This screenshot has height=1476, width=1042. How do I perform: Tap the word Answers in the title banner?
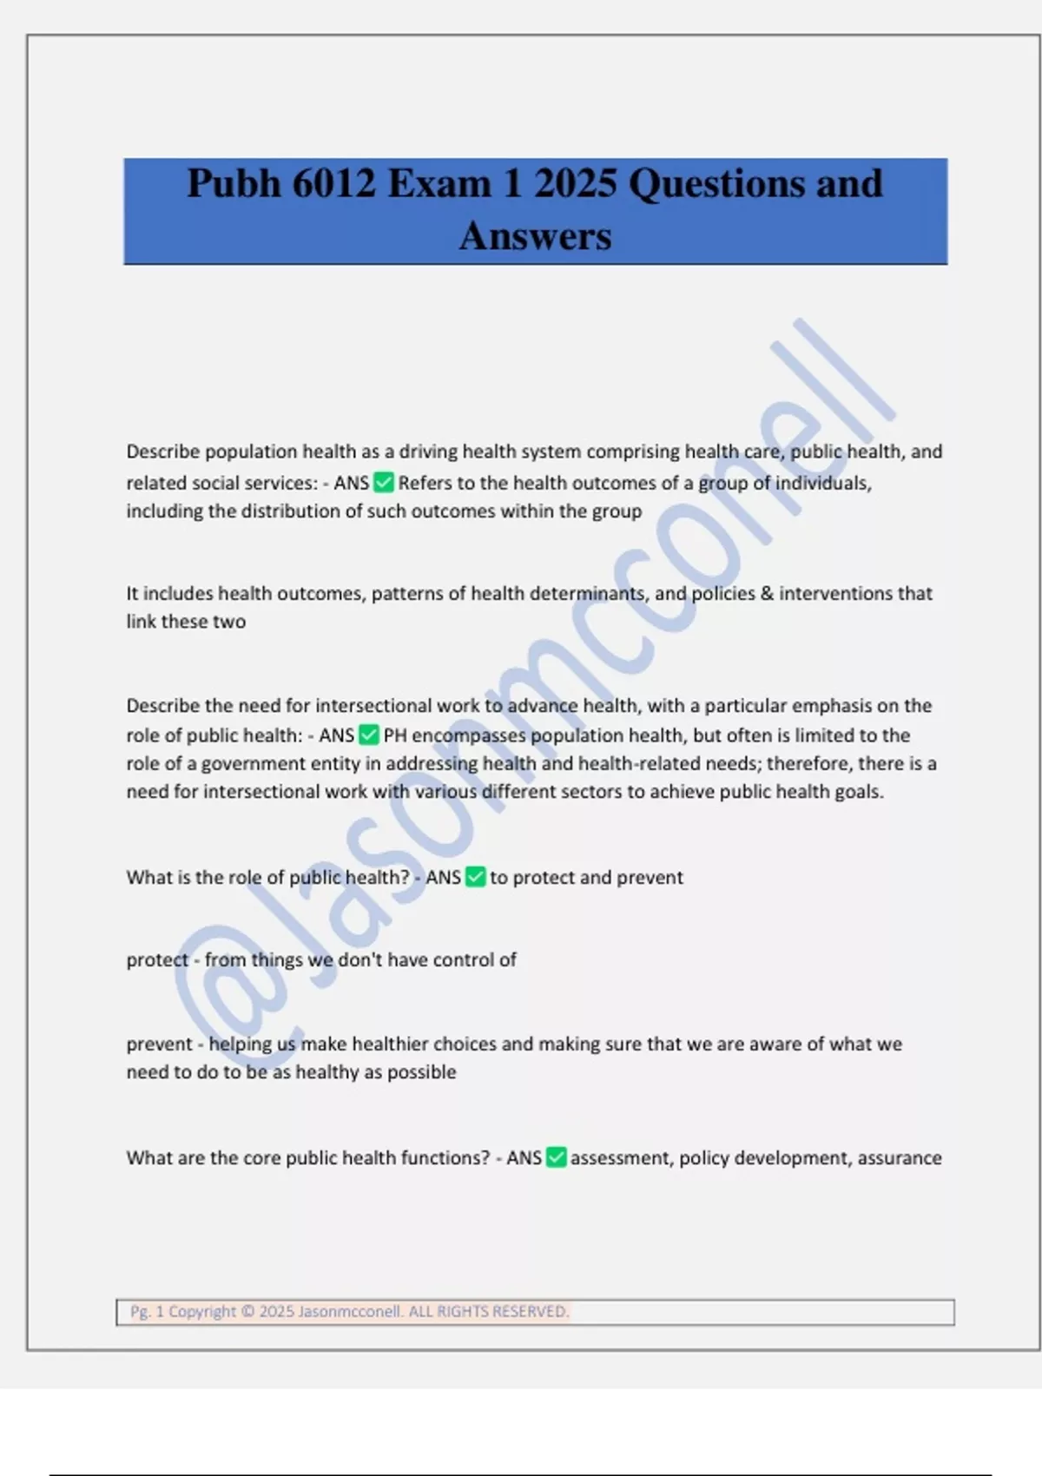click(x=535, y=235)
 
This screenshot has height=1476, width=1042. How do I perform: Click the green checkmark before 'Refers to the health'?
click(x=383, y=482)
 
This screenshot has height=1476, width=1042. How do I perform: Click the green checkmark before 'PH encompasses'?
click(x=368, y=735)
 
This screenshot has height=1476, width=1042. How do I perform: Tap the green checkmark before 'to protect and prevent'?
click(x=475, y=877)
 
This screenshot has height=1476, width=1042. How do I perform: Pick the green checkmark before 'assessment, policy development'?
click(x=556, y=1157)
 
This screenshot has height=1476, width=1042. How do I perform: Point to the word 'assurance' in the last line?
click(x=900, y=1157)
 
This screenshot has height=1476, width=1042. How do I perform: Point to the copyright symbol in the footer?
click(x=247, y=1311)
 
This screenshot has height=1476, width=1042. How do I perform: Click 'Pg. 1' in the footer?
click(x=147, y=1311)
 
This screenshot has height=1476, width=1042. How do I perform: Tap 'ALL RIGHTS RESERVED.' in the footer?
click(x=488, y=1311)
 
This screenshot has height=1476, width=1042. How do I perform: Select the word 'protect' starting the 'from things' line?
click(x=157, y=959)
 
